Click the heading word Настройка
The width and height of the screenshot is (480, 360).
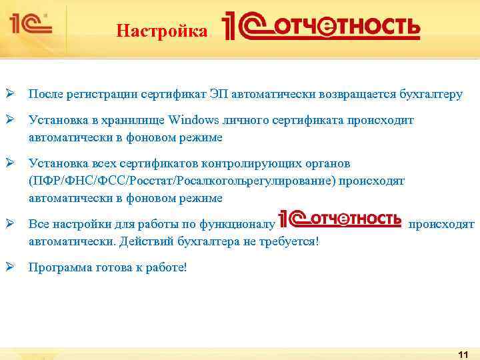(161, 31)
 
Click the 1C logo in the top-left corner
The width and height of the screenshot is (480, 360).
(30, 24)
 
